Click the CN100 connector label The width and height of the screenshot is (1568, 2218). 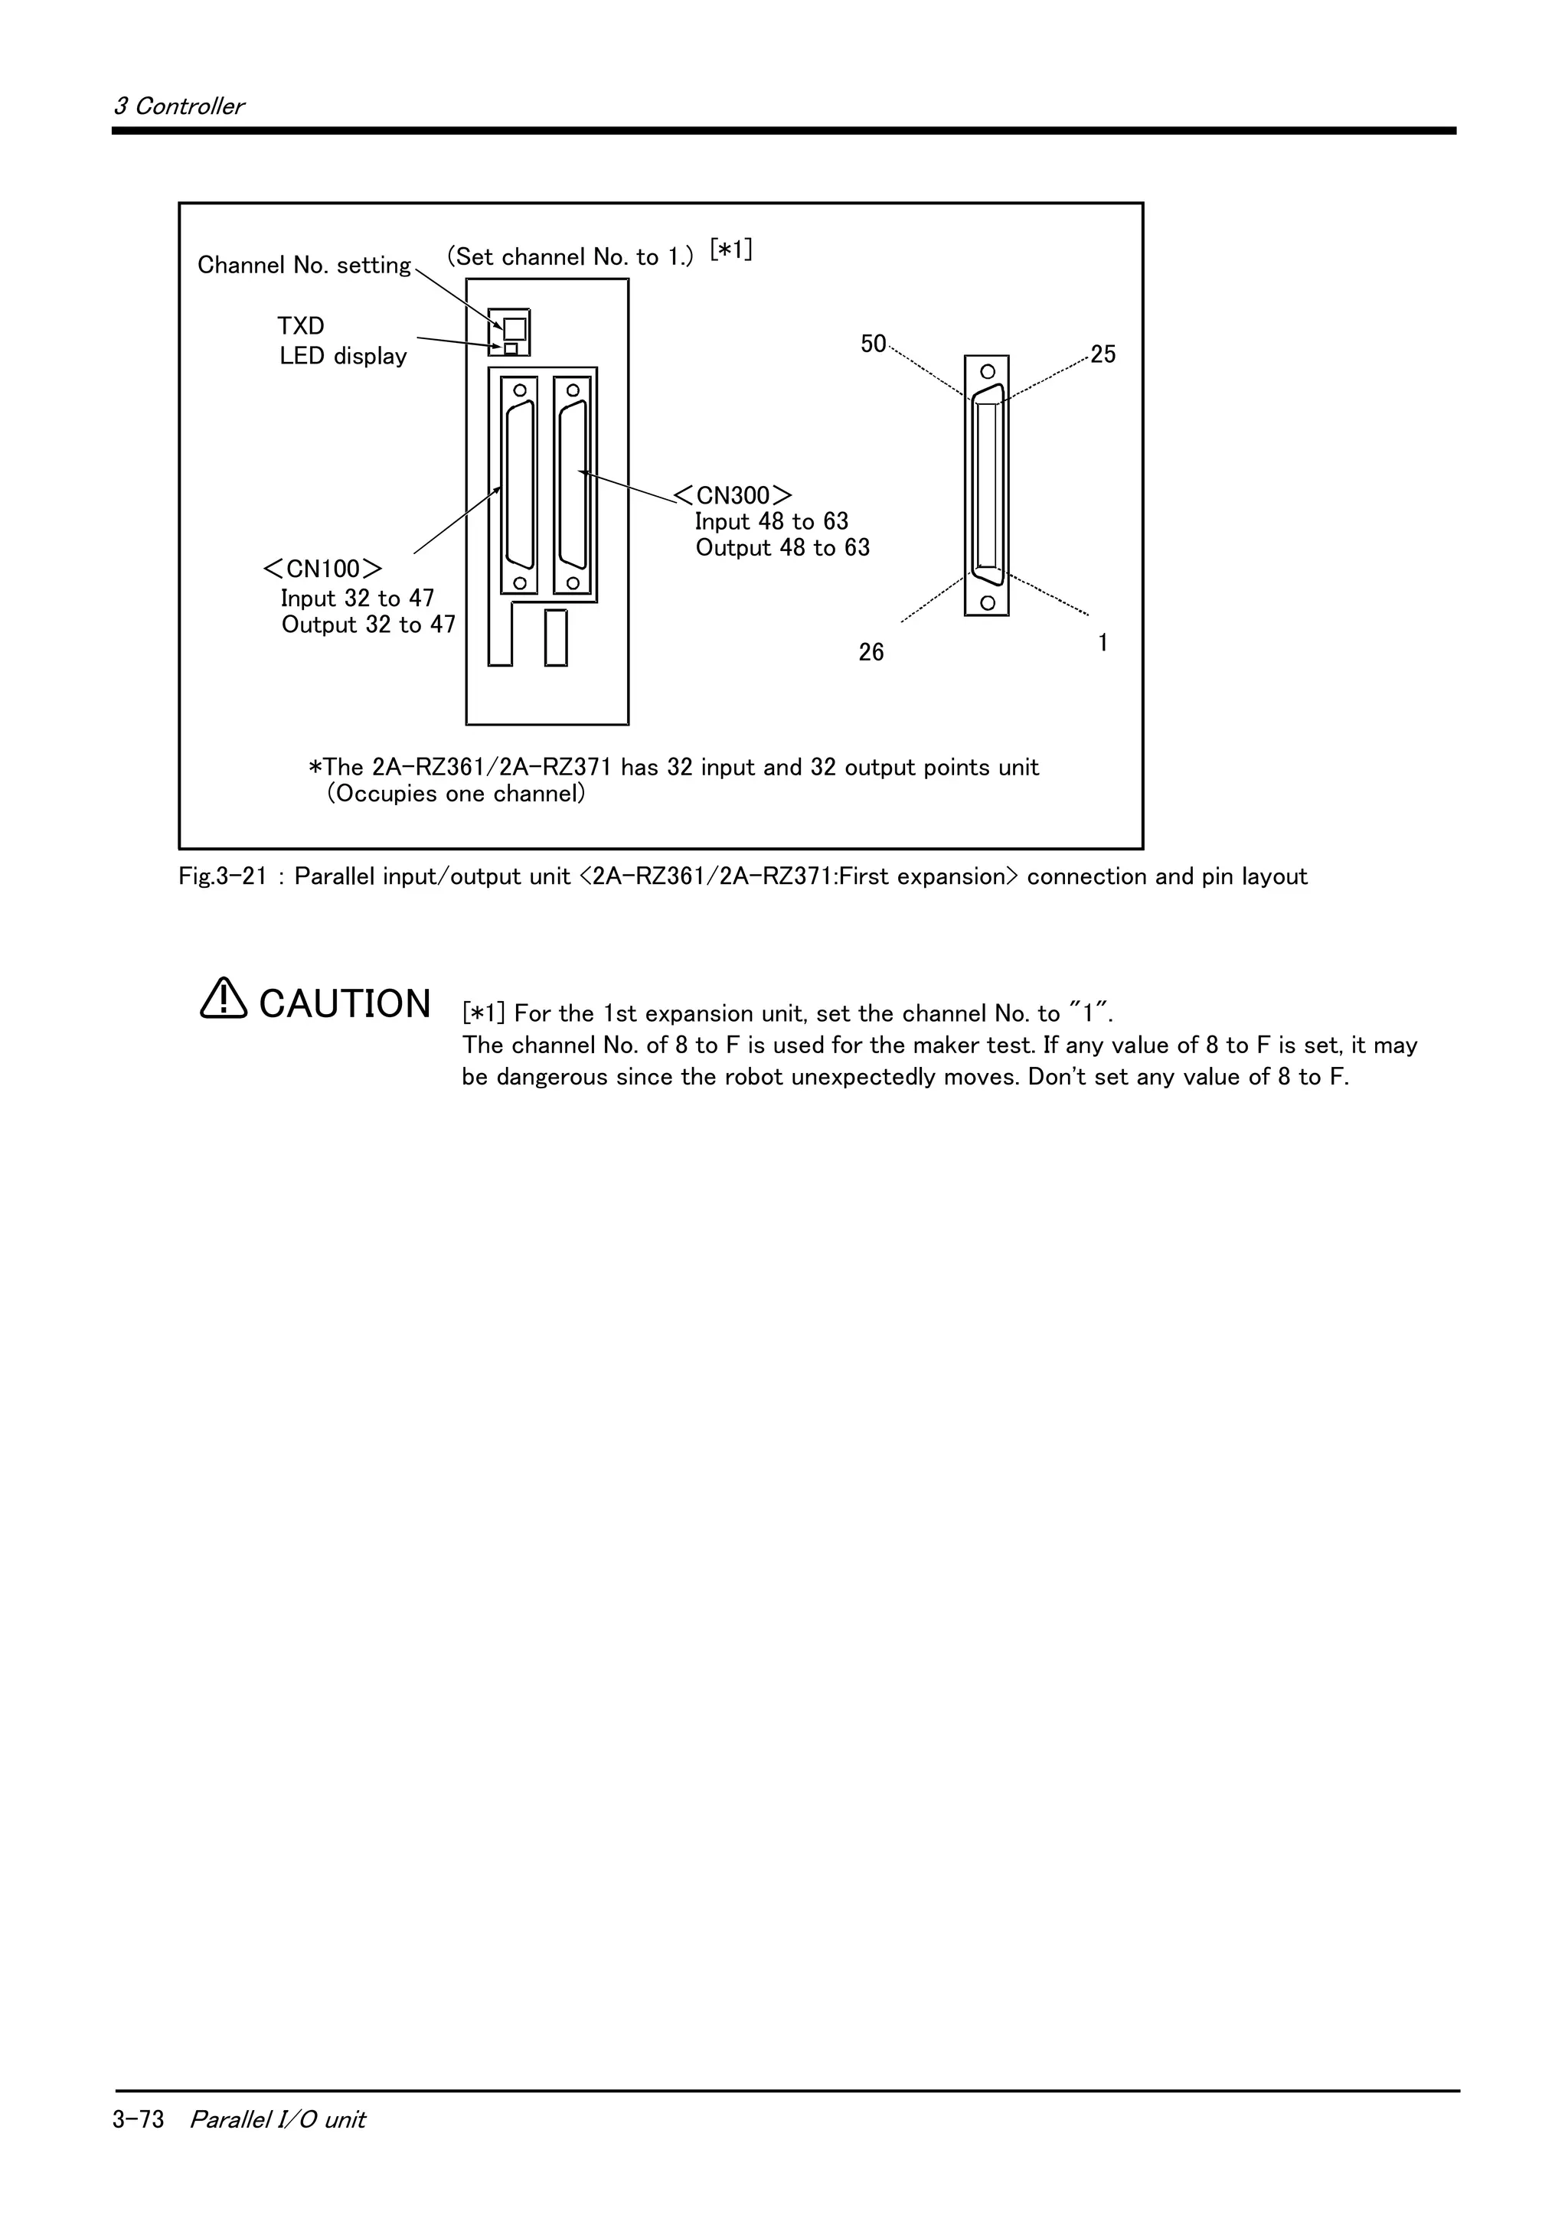322,568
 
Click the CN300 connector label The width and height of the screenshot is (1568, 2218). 733,496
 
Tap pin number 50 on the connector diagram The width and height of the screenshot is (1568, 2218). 872,344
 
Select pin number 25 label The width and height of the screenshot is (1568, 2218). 1102,354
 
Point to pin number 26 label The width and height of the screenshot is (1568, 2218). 871,653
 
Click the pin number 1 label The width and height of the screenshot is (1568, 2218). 1102,642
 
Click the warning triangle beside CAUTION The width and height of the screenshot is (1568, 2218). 223,999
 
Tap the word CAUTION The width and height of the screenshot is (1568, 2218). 345,1003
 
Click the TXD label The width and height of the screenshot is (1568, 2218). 300,327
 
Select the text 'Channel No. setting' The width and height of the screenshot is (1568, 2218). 303,266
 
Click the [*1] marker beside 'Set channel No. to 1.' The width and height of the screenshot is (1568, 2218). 730,250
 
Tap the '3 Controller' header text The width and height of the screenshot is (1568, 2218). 178,106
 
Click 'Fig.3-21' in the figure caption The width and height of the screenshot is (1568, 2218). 221,877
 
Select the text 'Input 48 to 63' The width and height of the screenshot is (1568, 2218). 771,522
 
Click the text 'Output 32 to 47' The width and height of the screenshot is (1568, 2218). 368,625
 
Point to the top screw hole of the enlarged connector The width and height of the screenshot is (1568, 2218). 986,372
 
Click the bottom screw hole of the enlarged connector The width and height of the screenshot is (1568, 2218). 986,603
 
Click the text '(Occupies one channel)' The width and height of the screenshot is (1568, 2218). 456,794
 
